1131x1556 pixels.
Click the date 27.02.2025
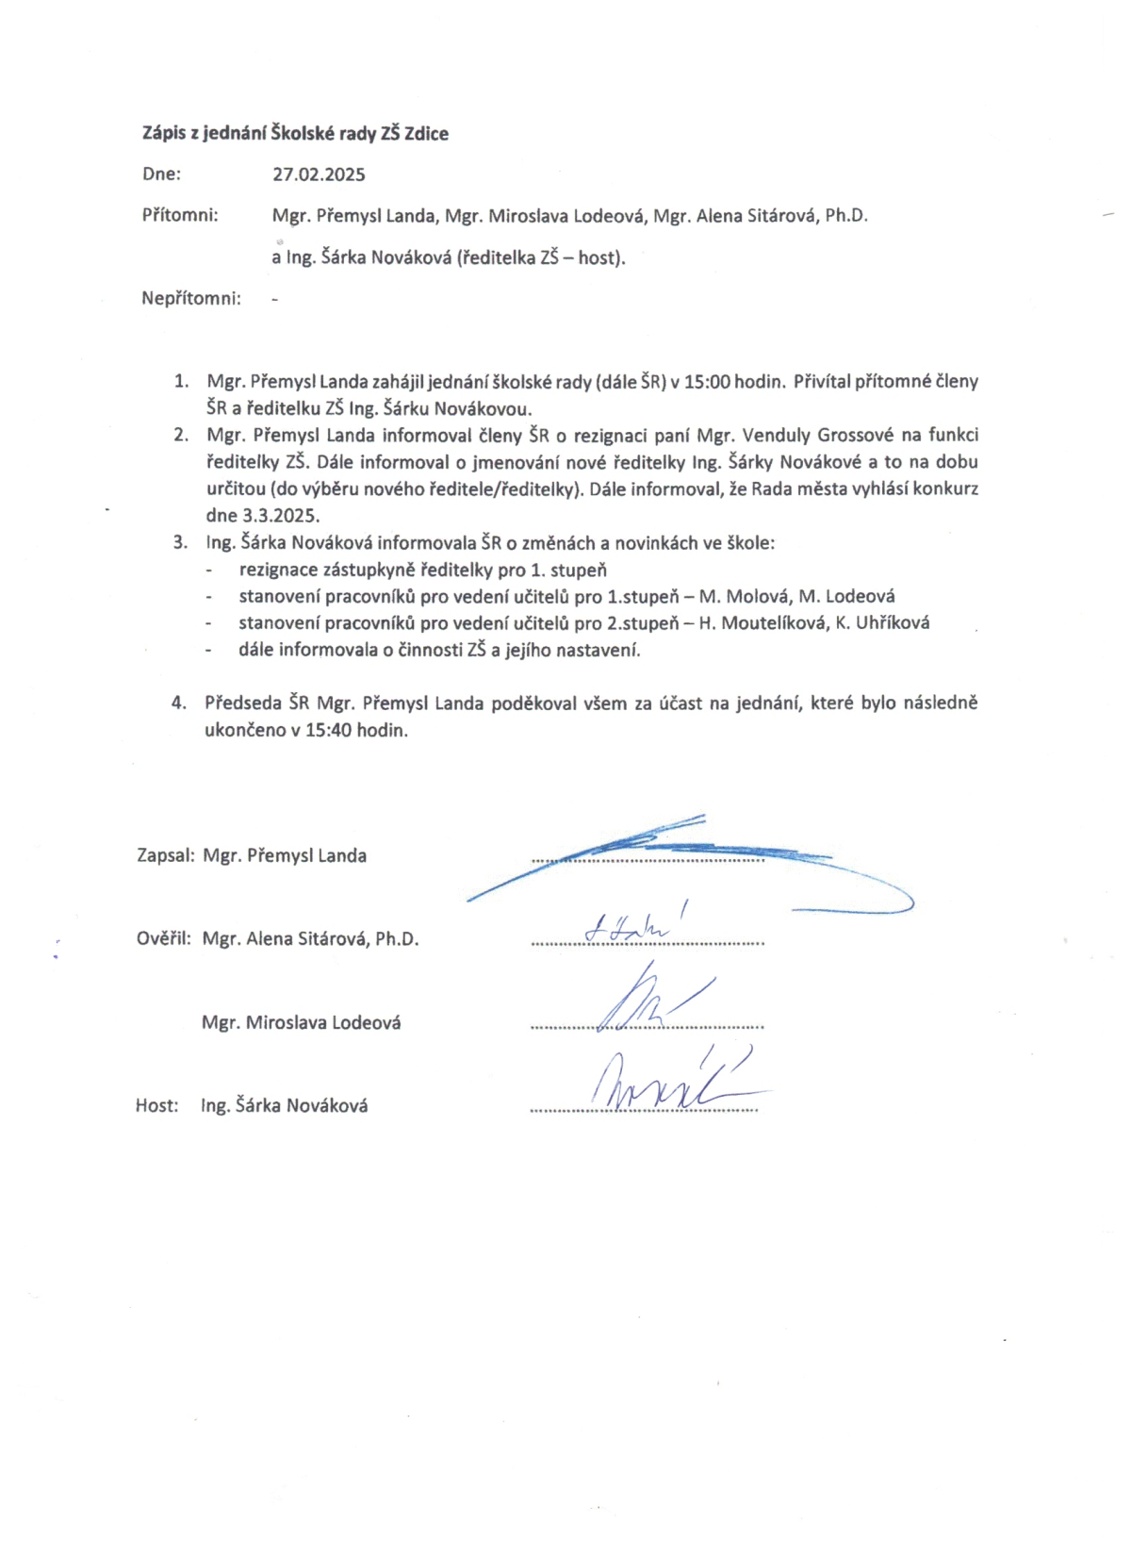tap(319, 174)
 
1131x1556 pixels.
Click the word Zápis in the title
tap(162, 133)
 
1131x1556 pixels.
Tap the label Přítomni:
tap(180, 215)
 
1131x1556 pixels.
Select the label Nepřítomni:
tap(191, 298)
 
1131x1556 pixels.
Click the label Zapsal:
tap(166, 855)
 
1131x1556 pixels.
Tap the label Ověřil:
tap(164, 938)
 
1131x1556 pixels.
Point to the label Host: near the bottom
tap(156, 1105)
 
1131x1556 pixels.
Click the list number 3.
tap(180, 542)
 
